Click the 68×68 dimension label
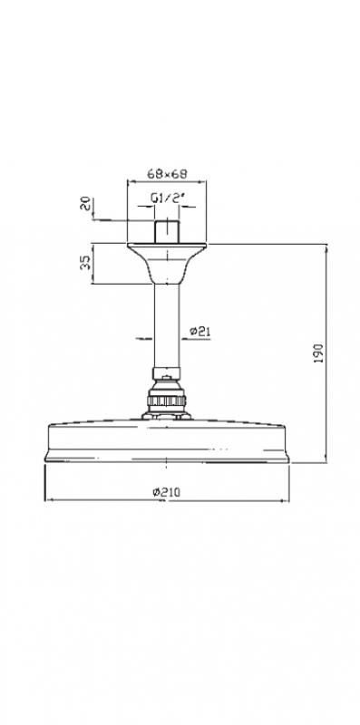tap(167, 174)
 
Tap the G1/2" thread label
tap(167, 198)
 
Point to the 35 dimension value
tap(85, 264)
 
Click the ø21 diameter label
tap(200, 331)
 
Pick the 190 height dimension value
tap(319, 353)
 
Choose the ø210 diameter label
tap(167, 492)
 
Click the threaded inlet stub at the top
tap(167, 232)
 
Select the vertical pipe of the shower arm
tap(167, 325)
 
